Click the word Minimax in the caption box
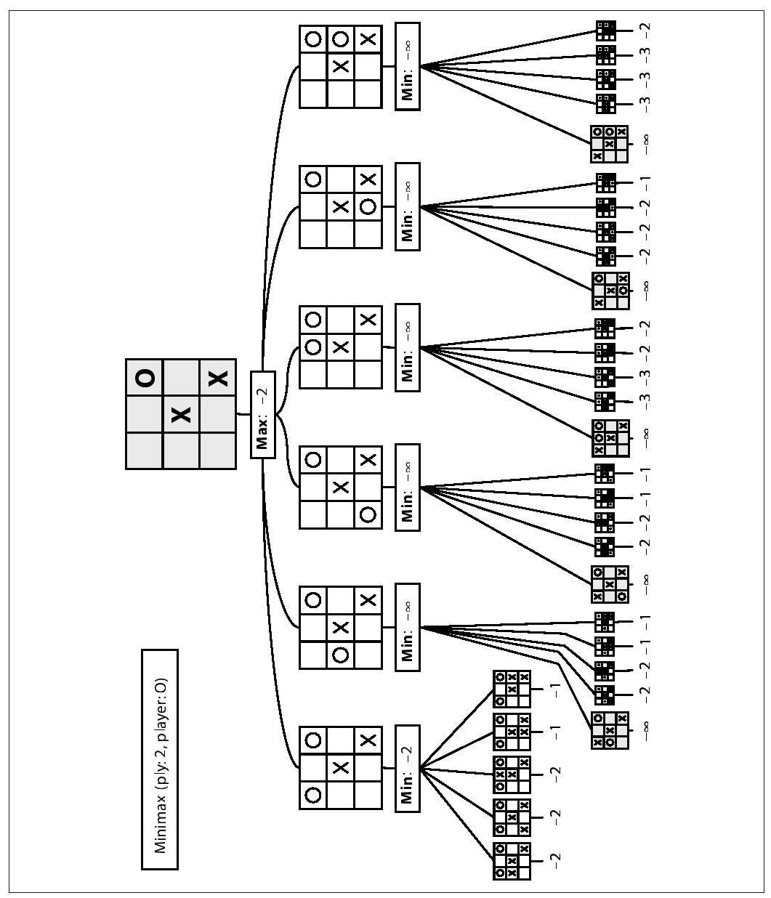(x=160, y=822)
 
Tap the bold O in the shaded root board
(x=145, y=378)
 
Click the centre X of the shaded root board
(x=181, y=415)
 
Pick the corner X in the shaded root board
(x=217, y=378)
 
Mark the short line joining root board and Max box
(x=243, y=415)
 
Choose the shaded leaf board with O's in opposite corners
(x=610, y=584)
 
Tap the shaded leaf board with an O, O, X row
(x=609, y=144)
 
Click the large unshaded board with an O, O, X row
(x=341, y=67)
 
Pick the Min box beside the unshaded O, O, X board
(x=408, y=67)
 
